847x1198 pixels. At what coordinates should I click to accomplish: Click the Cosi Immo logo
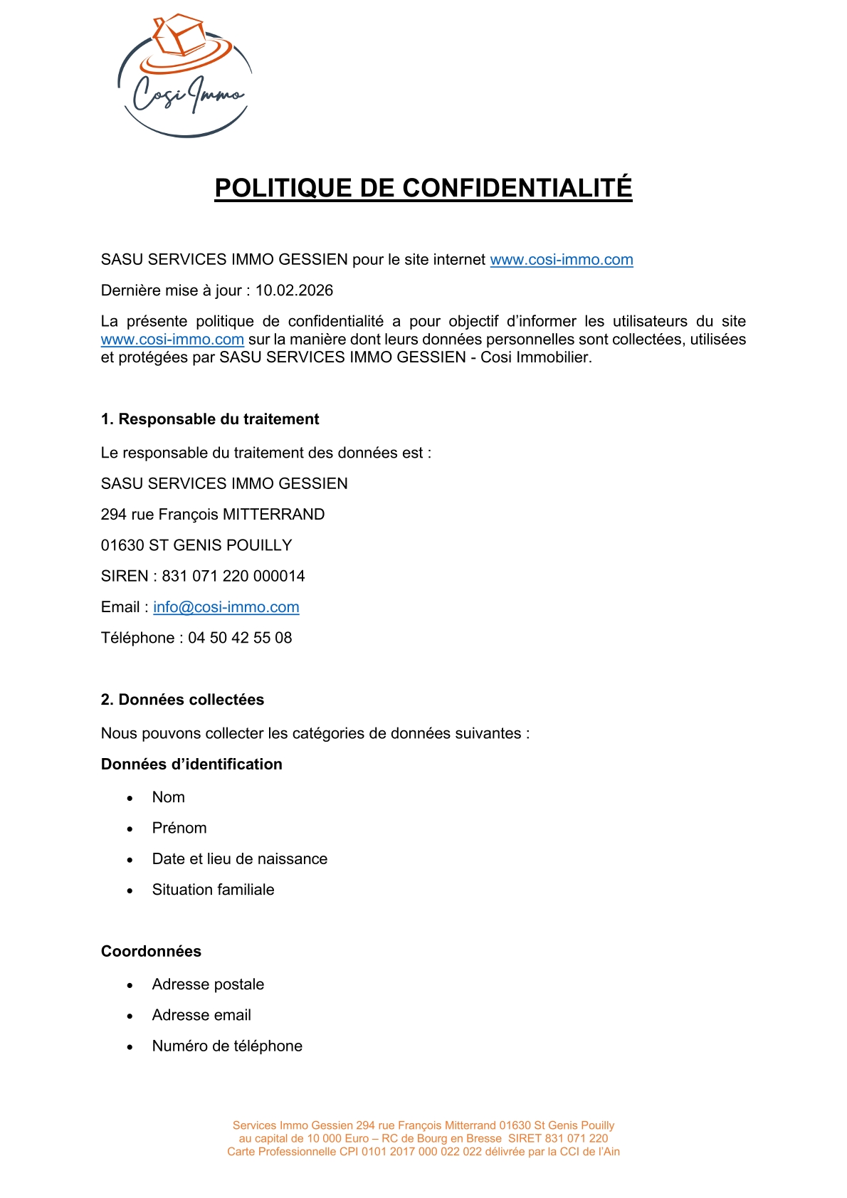tap(184, 76)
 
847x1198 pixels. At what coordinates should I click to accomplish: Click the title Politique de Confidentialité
tap(423, 188)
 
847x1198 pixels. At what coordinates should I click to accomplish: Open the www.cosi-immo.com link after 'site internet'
tap(562, 260)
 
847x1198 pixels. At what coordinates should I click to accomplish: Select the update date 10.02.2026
tap(294, 290)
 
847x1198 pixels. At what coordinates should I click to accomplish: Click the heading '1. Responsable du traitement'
tap(210, 419)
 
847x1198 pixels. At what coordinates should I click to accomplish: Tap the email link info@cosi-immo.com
tap(226, 607)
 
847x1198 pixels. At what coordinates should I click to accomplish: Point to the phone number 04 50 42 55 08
tap(240, 638)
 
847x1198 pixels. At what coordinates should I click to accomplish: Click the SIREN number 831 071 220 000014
tap(233, 576)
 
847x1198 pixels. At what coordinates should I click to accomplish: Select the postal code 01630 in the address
tap(122, 545)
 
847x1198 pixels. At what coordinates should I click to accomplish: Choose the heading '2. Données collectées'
tap(182, 700)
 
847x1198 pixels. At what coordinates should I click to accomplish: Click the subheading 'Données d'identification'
tap(191, 764)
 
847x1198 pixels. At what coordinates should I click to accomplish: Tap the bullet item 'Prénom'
tap(179, 828)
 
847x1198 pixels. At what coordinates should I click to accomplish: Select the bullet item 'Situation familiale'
tap(213, 890)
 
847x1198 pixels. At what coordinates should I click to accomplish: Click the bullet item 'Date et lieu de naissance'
tap(240, 859)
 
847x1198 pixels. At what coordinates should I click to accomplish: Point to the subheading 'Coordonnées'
tap(151, 952)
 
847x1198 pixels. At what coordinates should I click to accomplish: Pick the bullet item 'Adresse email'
tap(201, 1015)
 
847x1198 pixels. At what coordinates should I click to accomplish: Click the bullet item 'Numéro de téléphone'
tap(227, 1046)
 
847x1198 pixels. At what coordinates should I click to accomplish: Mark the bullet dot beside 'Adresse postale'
tap(130, 986)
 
